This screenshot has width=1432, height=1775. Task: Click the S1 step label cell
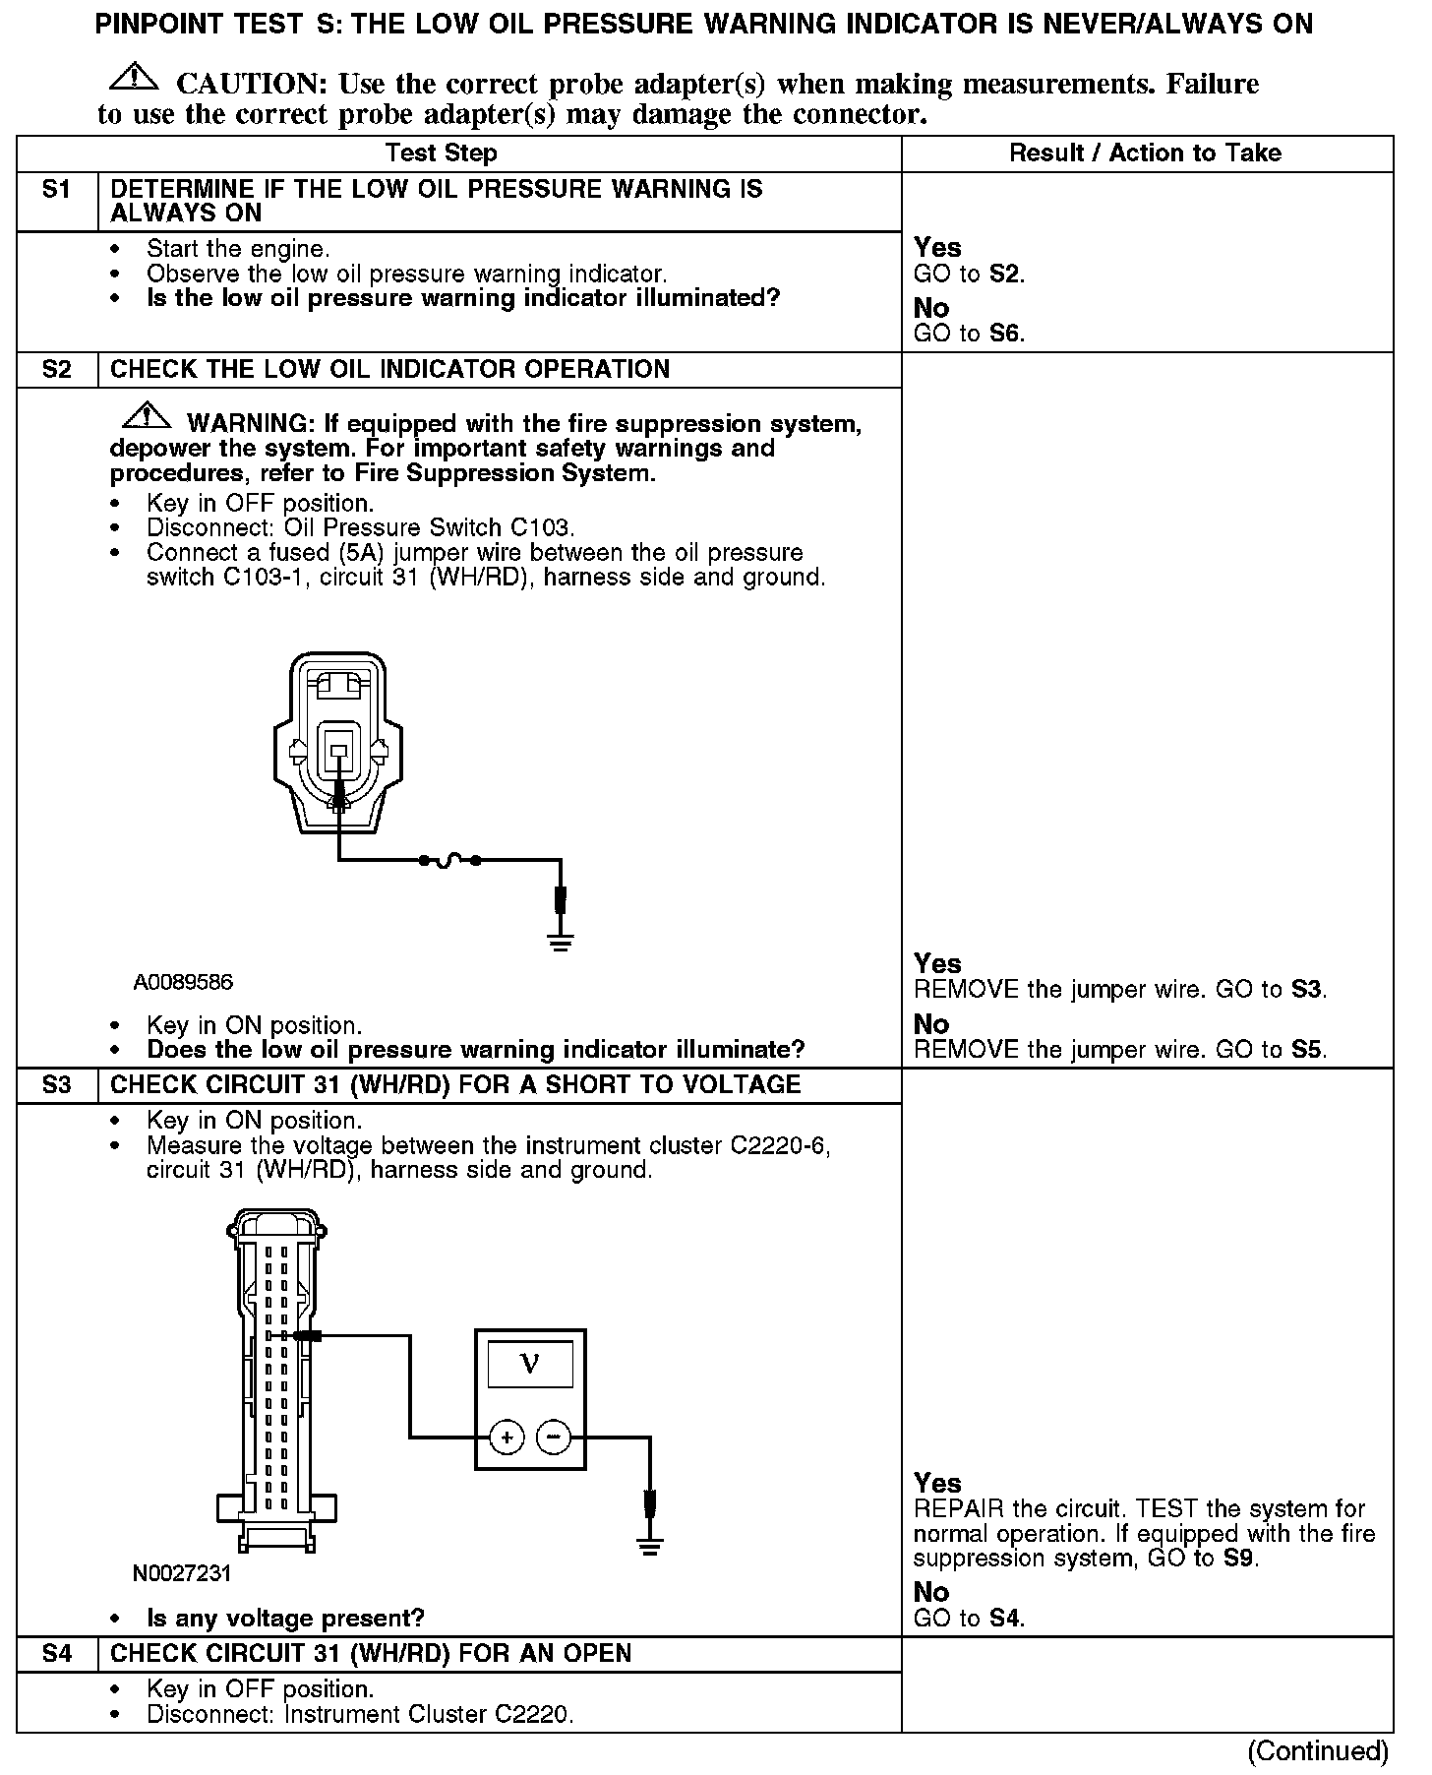pyautogui.click(x=57, y=190)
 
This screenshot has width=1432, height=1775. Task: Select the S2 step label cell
pyautogui.click(x=57, y=370)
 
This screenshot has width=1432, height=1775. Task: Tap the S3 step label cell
pyautogui.click(x=57, y=1085)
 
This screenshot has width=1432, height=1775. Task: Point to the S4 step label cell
pyautogui.click(x=57, y=1654)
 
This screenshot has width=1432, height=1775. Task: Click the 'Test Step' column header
pyautogui.click(x=441, y=153)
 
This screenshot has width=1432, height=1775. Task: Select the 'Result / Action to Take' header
pyautogui.click(x=1146, y=153)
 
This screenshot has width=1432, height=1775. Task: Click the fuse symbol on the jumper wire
pyautogui.click(x=449, y=860)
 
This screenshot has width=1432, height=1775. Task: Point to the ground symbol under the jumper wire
pyautogui.click(x=561, y=943)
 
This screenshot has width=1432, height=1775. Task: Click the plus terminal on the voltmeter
pyautogui.click(x=507, y=1438)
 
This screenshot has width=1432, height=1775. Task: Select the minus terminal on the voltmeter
pyautogui.click(x=554, y=1438)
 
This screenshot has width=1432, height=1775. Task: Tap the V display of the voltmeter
pyautogui.click(x=530, y=1364)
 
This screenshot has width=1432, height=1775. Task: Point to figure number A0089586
pyautogui.click(x=184, y=983)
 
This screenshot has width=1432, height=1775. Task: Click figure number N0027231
pyautogui.click(x=182, y=1574)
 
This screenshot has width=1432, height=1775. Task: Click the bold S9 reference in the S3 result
pyautogui.click(x=1239, y=1559)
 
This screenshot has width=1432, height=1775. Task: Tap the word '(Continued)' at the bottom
pyautogui.click(x=1317, y=1751)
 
